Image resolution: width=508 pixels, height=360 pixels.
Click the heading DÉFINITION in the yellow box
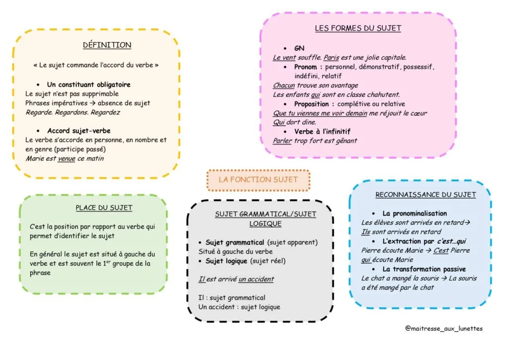click(x=107, y=45)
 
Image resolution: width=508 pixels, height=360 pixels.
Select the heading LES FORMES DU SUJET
click(x=358, y=28)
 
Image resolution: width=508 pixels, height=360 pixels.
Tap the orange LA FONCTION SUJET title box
click(x=258, y=180)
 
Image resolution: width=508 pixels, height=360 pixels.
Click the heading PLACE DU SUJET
click(x=104, y=208)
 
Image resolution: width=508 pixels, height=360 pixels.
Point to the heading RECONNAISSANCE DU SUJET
click(x=426, y=195)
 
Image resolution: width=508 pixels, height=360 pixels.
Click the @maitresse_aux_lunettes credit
click(x=444, y=329)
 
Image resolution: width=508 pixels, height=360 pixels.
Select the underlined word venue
click(x=66, y=158)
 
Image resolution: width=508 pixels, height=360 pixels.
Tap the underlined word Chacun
click(x=284, y=85)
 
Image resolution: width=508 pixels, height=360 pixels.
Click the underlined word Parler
click(x=282, y=141)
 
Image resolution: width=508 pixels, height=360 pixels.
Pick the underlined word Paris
click(x=331, y=58)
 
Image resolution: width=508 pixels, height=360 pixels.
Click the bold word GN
click(x=299, y=48)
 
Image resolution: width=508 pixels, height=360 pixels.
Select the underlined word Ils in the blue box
click(x=366, y=232)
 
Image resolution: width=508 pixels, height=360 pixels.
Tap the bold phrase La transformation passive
click(x=424, y=269)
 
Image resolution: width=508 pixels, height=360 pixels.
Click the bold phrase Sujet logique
click(x=226, y=261)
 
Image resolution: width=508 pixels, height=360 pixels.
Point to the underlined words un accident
click(x=256, y=279)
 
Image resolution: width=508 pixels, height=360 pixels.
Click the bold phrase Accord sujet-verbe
click(x=79, y=131)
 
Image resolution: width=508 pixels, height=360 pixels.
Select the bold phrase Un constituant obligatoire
click(x=89, y=84)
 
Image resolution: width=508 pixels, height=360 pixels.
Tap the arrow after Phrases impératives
click(x=93, y=103)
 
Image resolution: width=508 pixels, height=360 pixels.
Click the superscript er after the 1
click(x=109, y=261)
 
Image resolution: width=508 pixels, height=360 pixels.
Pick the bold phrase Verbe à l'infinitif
click(x=322, y=132)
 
